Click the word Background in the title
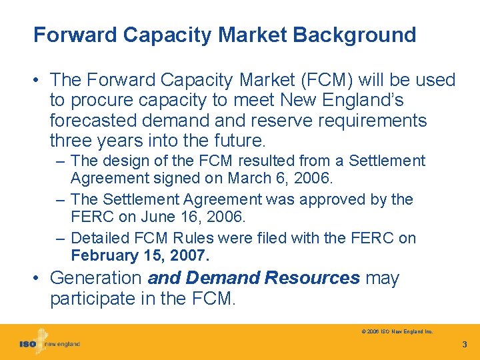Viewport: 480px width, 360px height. [x=353, y=35]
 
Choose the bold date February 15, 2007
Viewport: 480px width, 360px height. [x=140, y=256]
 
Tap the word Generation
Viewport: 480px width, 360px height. [x=96, y=278]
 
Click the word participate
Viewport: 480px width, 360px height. [x=94, y=299]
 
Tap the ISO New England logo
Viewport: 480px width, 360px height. [x=49, y=343]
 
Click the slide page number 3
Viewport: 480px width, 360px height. [x=465, y=345]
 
